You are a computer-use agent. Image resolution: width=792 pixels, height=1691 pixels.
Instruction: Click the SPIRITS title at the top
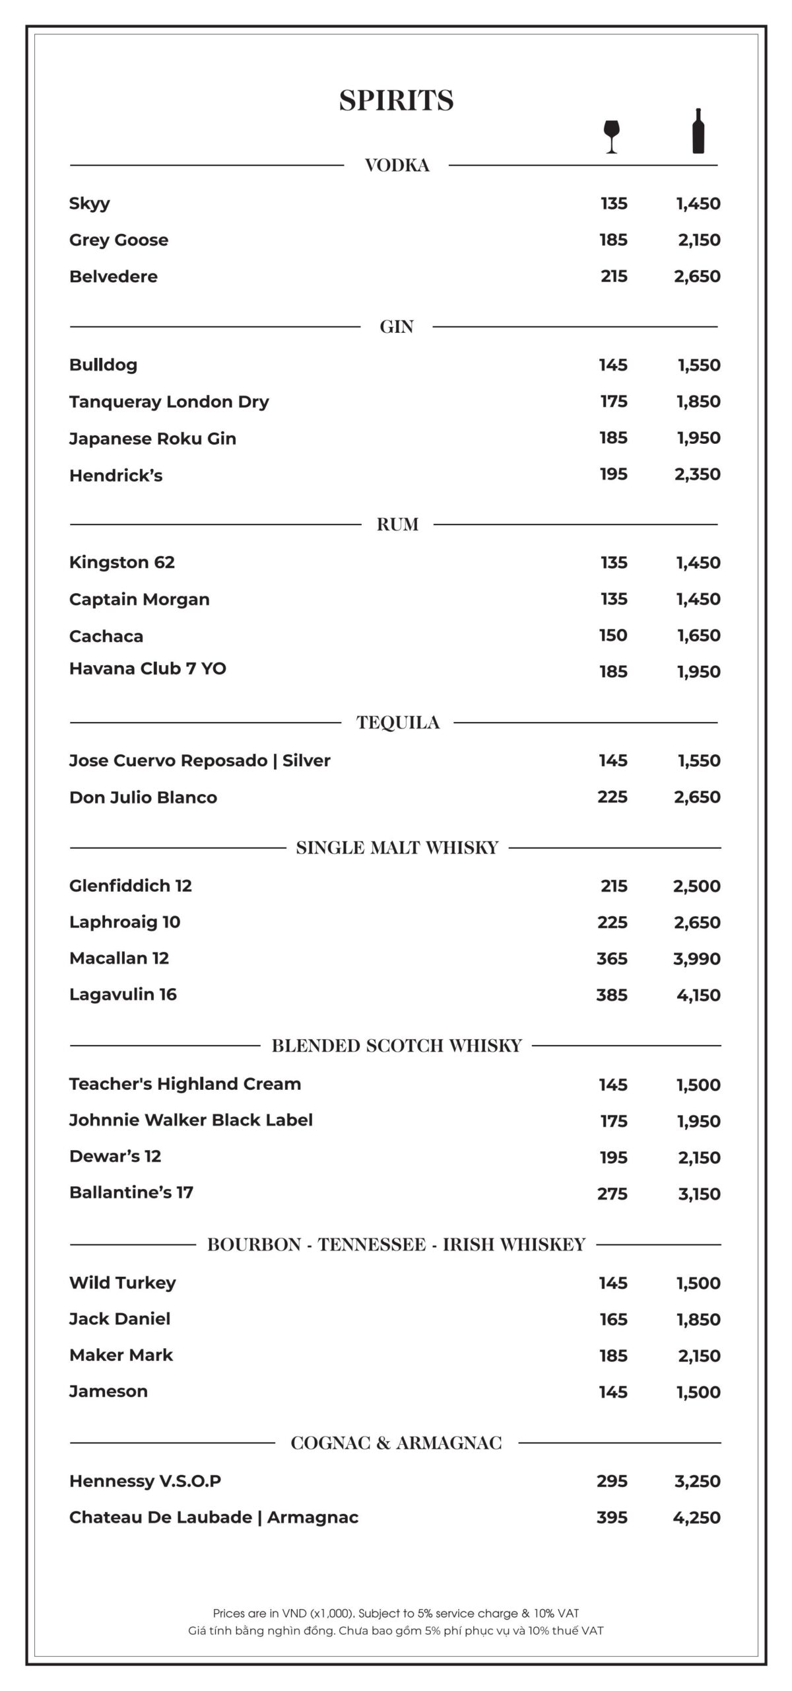(x=396, y=100)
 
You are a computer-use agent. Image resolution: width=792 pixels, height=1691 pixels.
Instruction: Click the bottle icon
(x=698, y=131)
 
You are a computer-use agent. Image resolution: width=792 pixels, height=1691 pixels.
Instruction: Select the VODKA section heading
(x=397, y=165)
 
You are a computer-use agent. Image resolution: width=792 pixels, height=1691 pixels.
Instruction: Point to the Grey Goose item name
(x=119, y=240)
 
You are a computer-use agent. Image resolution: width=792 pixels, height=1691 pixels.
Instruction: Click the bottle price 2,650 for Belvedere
(x=697, y=276)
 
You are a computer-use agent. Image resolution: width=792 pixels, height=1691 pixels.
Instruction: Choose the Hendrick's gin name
(x=115, y=475)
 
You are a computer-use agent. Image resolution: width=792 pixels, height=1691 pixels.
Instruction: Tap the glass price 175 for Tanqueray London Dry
(x=613, y=401)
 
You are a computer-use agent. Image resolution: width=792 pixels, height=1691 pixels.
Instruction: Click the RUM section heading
(x=397, y=524)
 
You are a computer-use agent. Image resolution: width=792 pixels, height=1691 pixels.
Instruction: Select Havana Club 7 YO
(x=148, y=668)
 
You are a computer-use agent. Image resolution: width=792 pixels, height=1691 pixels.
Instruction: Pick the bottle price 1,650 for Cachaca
(x=698, y=635)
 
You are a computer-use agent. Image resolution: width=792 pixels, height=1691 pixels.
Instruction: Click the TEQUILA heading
(x=398, y=723)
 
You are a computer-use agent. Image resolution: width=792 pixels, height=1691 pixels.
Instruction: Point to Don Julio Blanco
(x=143, y=797)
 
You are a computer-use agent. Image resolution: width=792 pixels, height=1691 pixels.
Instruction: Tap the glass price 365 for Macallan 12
(x=612, y=958)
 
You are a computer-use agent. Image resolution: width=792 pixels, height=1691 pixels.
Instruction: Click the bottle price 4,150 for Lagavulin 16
(x=698, y=995)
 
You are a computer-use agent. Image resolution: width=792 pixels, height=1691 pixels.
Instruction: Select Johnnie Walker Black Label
(x=191, y=1120)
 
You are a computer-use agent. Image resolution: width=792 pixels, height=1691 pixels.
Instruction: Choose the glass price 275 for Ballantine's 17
(x=612, y=1194)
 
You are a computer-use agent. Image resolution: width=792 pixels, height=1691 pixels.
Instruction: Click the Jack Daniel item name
(x=119, y=1318)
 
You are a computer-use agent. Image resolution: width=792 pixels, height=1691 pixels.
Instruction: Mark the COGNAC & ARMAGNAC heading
(x=396, y=1443)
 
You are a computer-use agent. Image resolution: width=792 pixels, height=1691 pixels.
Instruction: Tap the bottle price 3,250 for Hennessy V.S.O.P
(x=697, y=1481)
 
